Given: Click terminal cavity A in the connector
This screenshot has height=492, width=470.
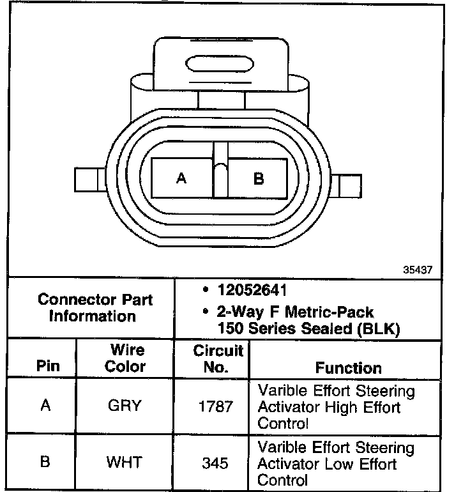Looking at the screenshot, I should [182, 178].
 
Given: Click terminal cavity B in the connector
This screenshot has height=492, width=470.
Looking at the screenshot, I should [259, 178].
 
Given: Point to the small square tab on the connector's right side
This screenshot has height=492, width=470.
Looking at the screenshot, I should [350, 185].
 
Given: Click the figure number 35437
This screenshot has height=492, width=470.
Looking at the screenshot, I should [418, 270].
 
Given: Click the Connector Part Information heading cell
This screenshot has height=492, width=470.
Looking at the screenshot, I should [95, 307].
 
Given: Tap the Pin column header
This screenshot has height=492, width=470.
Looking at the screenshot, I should [48, 367].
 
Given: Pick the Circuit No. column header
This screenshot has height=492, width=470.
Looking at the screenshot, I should [218, 358].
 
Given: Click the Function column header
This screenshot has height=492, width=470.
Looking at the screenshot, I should [349, 367].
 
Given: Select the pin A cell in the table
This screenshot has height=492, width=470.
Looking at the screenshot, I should [45, 406].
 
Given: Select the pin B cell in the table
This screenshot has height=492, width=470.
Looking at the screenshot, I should [45, 461].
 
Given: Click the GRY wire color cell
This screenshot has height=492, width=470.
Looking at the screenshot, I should [126, 406].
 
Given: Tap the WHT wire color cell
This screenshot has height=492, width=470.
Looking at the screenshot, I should [126, 461].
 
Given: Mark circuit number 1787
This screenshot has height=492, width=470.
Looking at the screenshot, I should [216, 406].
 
